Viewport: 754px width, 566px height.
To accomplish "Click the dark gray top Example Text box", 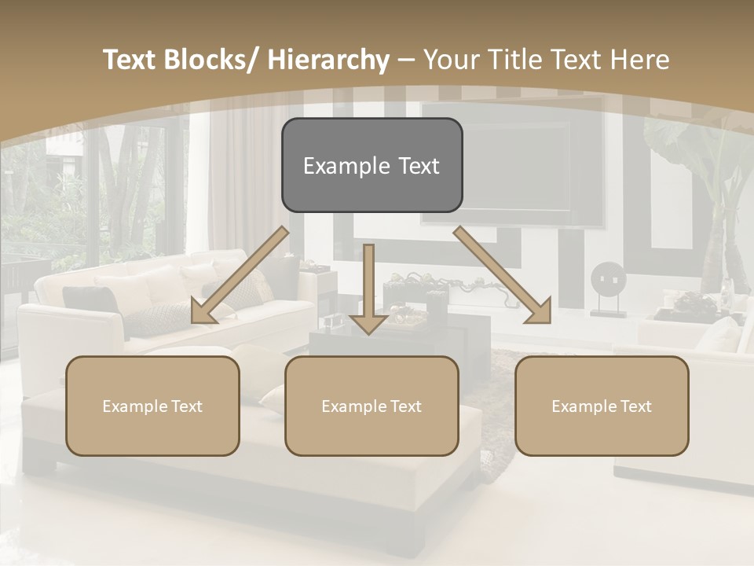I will (x=372, y=165).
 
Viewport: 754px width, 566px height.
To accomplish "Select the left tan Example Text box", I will (x=152, y=406).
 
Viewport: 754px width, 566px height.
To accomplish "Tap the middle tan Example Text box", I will (x=372, y=406).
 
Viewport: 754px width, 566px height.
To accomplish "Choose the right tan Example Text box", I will (x=602, y=406).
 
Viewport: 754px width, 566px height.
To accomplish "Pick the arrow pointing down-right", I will (x=503, y=275).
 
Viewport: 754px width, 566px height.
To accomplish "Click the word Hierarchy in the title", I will (x=328, y=60).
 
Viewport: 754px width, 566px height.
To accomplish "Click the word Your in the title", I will (x=452, y=60).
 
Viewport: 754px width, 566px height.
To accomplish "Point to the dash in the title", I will (x=406, y=60).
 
